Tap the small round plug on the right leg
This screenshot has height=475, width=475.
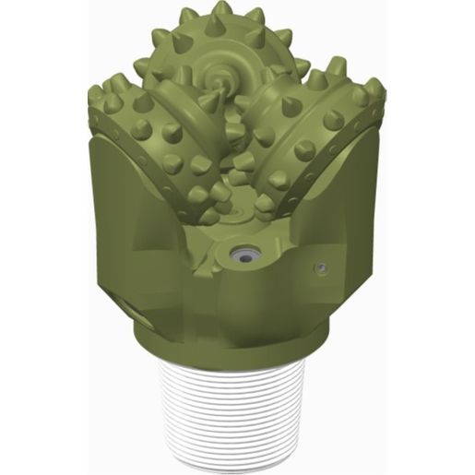[x=320, y=268]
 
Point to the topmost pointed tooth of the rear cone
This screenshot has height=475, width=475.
[x=221, y=12]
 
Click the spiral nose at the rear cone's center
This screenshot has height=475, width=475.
[x=223, y=73]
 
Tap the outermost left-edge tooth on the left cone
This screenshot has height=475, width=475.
[x=95, y=95]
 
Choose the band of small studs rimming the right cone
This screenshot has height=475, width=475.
[x=355, y=138]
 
